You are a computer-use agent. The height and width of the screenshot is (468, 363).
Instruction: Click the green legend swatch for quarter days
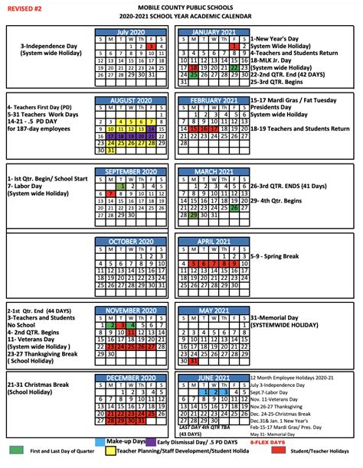pos(15,451)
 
